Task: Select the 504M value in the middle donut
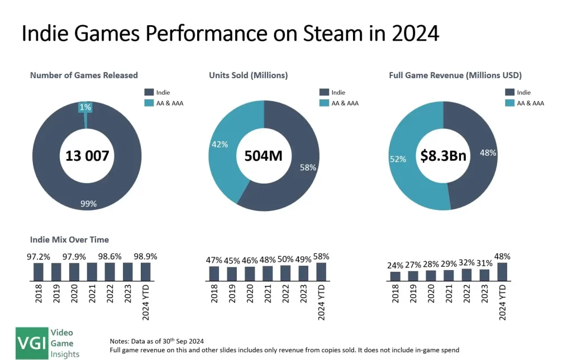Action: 264,156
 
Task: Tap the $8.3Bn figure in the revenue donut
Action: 444,156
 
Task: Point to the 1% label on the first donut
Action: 85,107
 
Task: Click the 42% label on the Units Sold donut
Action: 220,145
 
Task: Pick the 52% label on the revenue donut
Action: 399,159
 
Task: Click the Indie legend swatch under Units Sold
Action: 324,92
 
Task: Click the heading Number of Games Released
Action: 84,75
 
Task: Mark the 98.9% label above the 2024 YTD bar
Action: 145,256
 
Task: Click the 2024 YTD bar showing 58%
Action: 321,271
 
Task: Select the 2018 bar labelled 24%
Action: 395,276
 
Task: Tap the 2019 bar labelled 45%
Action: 232,273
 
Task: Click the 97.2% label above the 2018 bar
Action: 38,256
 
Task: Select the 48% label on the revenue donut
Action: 487,152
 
